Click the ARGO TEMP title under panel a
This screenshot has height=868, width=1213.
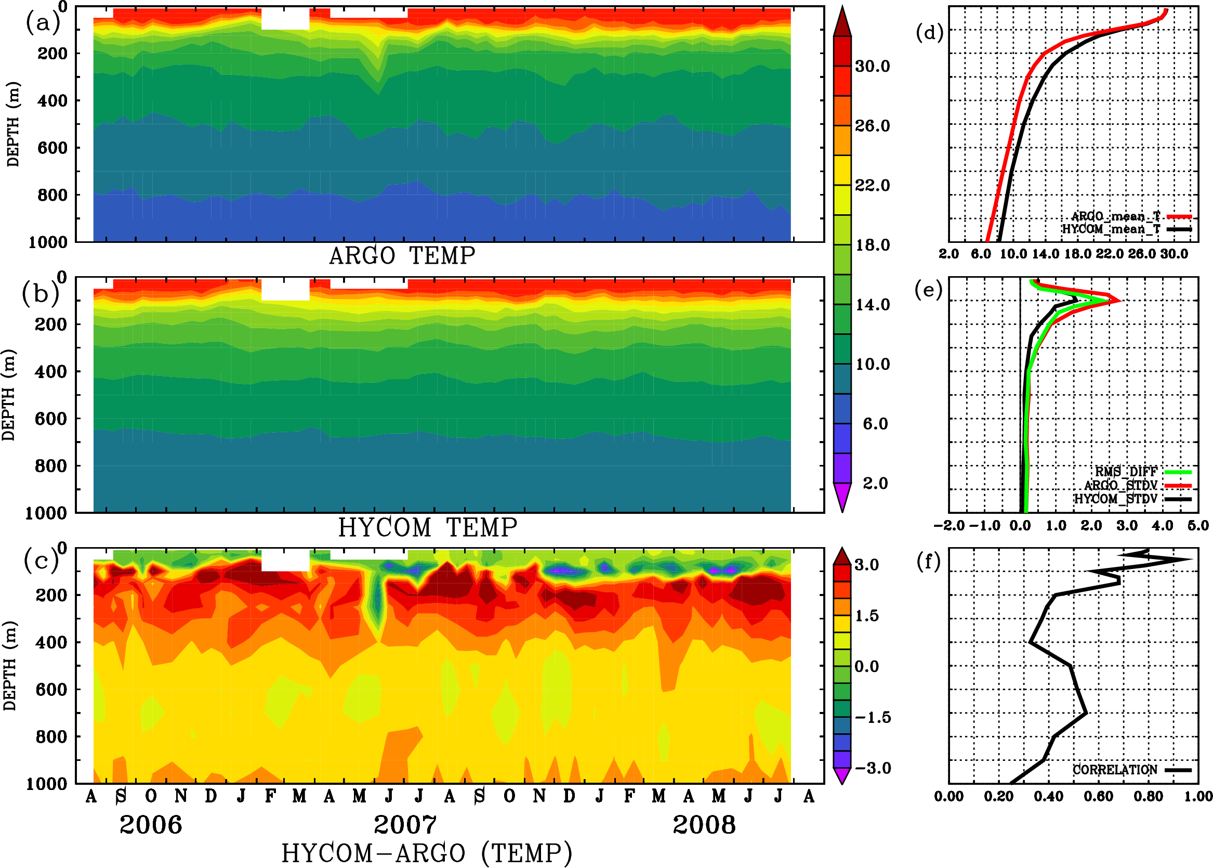[x=402, y=256]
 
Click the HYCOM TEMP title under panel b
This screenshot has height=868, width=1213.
[x=427, y=527]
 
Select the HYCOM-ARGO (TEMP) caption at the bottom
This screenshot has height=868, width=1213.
[x=426, y=853]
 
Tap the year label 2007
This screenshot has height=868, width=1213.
[x=405, y=825]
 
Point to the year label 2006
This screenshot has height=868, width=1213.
[x=151, y=825]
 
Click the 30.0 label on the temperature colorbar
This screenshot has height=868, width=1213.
[x=872, y=66]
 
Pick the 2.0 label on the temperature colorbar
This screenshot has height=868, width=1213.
[x=875, y=483]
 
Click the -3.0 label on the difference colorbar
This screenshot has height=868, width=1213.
[x=873, y=768]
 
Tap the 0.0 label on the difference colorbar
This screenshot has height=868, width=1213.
[x=866, y=667]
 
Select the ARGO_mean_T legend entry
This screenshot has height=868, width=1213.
[x=1115, y=216]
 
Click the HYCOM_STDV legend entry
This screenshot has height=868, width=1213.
[x=1115, y=499]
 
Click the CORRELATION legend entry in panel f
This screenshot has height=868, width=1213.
[x=1115, y=770]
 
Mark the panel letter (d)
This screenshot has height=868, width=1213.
[x=929, y=33]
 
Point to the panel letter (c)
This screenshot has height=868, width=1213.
[x=41, y=561]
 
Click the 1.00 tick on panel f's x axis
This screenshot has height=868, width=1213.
[x=1198, y=796]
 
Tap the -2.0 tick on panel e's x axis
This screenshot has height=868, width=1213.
[x=948, y=525]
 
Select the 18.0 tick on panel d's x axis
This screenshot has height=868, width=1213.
[x=1078, y=254]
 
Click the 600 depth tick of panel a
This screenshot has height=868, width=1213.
[x=52, y=148]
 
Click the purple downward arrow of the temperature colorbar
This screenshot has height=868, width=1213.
[x=842, y=497]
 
